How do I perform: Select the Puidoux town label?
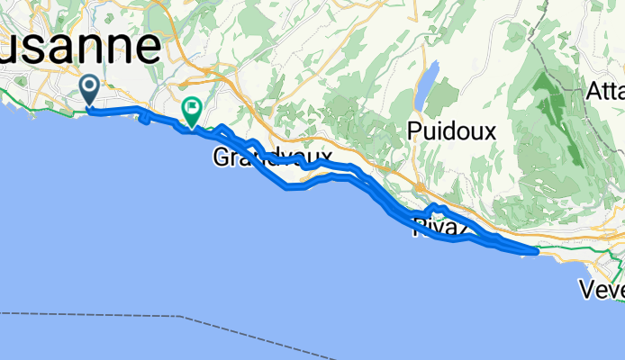(x=451, y=130)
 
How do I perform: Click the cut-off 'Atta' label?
(x=604, y=92)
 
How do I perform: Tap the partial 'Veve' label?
(x=602, y=290)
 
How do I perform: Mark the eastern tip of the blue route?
(x=537, y=252)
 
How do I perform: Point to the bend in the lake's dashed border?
(x=185, y=317)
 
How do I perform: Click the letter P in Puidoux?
(x=415, y=130)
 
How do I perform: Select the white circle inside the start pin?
(x=91, y=86)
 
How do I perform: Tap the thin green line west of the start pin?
(x=36, y=109)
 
